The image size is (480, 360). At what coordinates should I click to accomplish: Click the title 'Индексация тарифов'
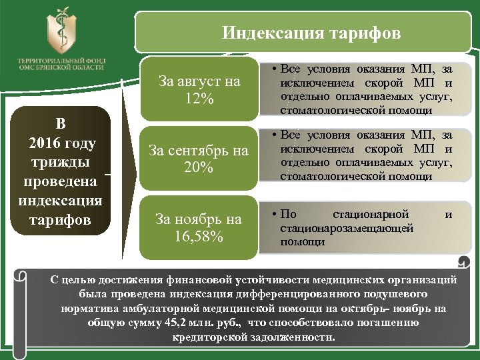click(x=311, y=33)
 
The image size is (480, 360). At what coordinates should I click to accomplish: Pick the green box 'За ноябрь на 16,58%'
click(x=199, y=227)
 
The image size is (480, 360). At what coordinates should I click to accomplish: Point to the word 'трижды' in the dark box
click(x=61, y=163)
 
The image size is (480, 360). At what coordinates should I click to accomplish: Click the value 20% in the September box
click(x=199, y=168)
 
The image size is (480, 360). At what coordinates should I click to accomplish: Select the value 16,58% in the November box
click(x=199, y=236)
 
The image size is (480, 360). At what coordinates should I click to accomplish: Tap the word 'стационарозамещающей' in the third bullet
click(x=347, y=228)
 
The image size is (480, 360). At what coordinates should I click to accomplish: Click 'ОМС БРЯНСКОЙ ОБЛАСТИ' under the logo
click(x=61, y=67)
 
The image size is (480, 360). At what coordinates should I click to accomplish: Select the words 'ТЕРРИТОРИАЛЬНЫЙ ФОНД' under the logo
click(x=61, y=60)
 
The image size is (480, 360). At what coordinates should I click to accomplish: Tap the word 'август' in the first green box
click(x=201, y=82)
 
